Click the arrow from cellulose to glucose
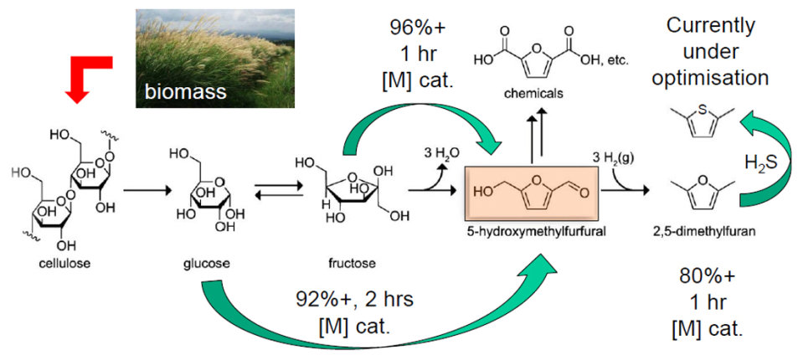point(145,192)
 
